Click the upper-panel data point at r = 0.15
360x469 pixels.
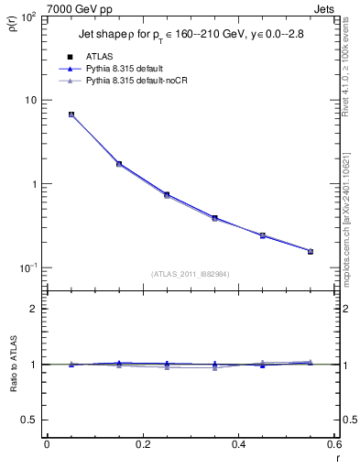120,164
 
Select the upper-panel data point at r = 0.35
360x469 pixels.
214,218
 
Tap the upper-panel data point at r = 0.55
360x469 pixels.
310,251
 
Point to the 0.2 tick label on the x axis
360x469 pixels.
142,444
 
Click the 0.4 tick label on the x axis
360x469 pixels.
238,444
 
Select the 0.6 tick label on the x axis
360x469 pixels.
333,444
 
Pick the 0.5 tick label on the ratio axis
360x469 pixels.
29,420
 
